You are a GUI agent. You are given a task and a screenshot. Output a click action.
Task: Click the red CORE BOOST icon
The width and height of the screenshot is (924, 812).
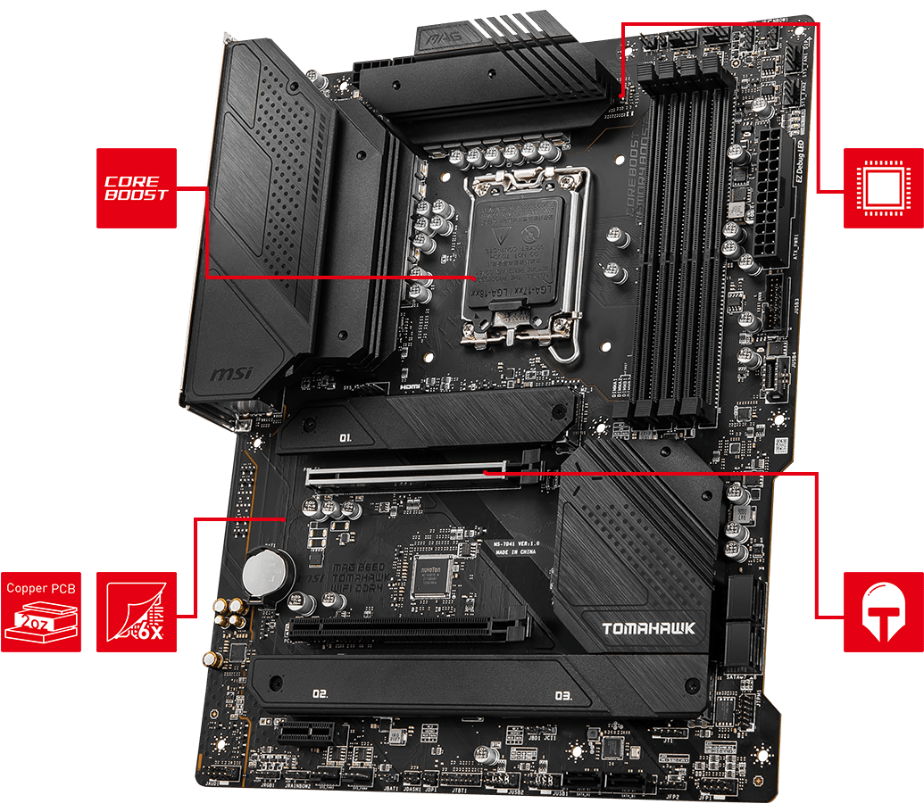click(x=136, y=187)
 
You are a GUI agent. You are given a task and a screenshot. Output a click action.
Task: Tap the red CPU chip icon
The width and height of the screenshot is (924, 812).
click(x=883, y=187)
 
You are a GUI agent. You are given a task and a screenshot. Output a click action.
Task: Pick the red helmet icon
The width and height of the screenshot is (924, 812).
click(x=883, y=611)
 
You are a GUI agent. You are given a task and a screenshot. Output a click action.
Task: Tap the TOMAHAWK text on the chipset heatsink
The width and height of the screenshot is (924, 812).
click(x=648, y=629)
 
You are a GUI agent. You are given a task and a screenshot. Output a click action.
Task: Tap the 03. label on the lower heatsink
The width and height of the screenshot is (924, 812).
click(x=562, y=695)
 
